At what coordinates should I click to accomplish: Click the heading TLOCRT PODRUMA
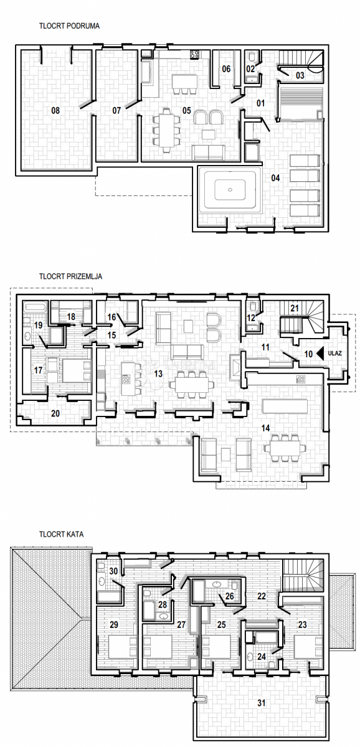pos(69,26)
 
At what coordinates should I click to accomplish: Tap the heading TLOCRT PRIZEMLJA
pos(71,276)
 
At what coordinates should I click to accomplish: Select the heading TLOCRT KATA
pos(62,534)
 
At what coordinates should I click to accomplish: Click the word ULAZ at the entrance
pos(334,353)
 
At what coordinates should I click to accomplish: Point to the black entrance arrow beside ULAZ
pos(320,354)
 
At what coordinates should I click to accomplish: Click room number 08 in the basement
pos(55,110)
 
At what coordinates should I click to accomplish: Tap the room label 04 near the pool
pos(275,178)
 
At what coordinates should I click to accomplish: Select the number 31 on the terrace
pos(262,703)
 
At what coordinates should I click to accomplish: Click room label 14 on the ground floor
pos(265,428)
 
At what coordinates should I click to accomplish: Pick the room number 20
pos(55,413)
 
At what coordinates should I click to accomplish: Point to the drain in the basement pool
pos(230,190)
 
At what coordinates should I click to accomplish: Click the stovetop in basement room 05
pos(195,54)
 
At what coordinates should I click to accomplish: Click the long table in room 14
pos(285,406)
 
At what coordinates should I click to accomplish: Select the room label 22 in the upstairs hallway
pos(262,596)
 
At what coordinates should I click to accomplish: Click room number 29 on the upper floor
pos(114,624)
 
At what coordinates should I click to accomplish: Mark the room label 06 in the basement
pos(226,69)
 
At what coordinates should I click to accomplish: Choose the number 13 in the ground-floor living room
pos(158,374)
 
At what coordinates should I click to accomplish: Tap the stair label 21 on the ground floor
pos(294,308)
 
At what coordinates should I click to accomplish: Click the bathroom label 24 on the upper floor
pos(262,657)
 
